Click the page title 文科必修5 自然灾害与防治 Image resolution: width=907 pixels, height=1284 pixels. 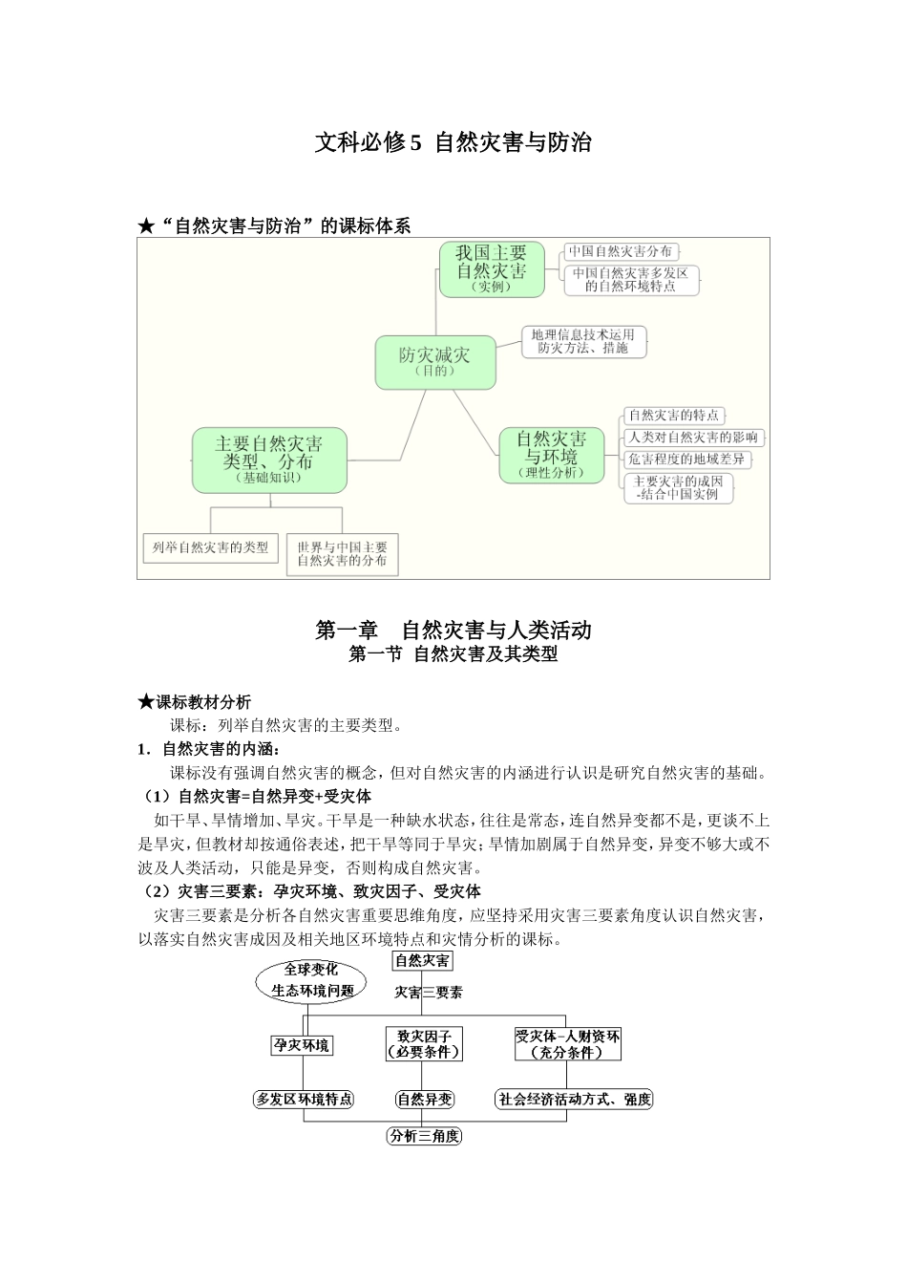pos(453,143)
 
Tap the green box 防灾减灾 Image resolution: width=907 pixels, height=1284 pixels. pos(435,362)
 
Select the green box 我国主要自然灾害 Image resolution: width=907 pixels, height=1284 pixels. pos(491,268)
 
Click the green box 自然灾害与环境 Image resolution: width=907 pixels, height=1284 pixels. pos(551,455)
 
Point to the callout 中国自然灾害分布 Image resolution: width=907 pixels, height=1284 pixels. pos(620,252)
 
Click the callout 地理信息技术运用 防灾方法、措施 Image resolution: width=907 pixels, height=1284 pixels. pos(583,342)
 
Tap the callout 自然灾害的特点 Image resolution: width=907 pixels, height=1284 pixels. pos(673,416)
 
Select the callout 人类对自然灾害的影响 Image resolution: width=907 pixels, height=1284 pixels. pos(693,438)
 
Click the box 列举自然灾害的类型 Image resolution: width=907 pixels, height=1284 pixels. pos(211,548)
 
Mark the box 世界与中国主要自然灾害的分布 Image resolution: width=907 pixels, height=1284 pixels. pos(342,554)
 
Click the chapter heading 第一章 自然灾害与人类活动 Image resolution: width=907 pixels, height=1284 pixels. pos(453,631)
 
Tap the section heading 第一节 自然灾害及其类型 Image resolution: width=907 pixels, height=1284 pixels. pos(453,655)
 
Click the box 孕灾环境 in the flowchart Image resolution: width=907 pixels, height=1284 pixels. pos(302,1045)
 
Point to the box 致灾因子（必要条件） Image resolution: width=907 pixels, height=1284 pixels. pos(423,1043)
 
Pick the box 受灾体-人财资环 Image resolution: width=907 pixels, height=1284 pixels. pos(567,1043)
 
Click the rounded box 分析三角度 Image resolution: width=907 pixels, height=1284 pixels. pos(424,1136)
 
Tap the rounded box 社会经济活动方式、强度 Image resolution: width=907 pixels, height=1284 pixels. pos(574,1100)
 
